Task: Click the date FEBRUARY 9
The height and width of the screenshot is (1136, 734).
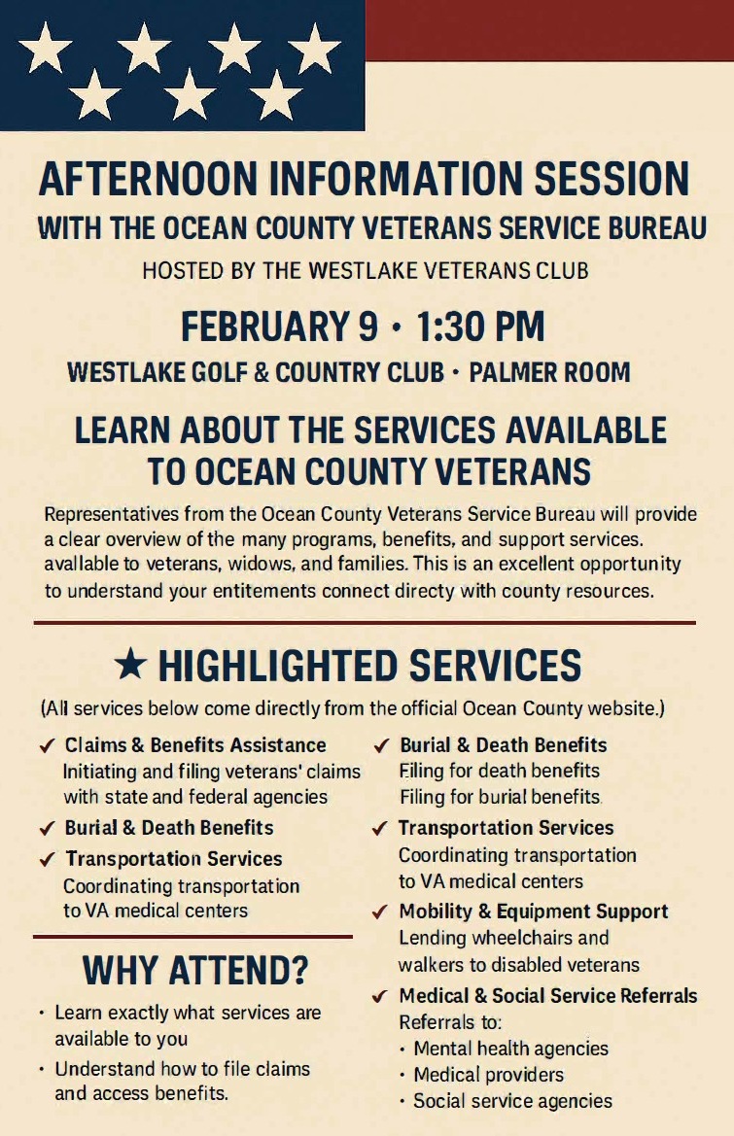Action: tap(279, 327)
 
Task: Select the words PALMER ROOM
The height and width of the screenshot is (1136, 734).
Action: tap(549, 372)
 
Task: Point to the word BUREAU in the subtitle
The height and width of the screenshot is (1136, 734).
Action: tap(646, 228)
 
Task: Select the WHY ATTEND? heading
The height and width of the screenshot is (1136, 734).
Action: tap(194, 969)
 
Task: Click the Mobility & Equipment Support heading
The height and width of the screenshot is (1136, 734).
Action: tap(534, 912)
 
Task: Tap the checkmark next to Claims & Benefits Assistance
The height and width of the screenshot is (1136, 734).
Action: tap(46, 746)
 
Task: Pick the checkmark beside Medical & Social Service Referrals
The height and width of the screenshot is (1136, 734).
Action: tap(381, 996)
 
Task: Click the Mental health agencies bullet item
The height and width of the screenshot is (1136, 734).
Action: tap(510, 1049)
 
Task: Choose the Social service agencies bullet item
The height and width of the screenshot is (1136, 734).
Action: tap(512, 1101)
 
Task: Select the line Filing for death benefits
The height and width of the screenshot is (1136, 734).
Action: tap(499, 771)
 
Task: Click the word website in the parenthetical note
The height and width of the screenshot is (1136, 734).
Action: tap(623, 707)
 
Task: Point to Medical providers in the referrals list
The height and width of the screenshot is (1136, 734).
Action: tap(488, 1075)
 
